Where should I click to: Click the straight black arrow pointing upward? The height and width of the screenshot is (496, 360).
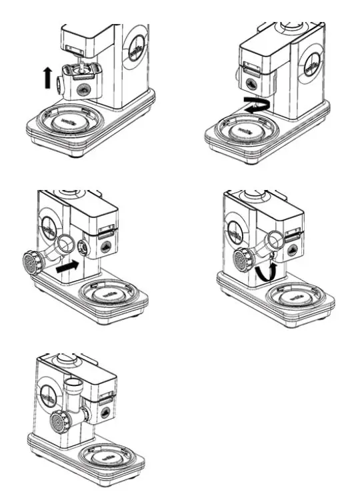pyautogui.click(x=47, y=78)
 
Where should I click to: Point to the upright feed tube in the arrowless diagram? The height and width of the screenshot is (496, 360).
pyautogui.click(x=73, y=393)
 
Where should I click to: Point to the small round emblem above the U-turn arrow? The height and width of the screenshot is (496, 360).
pyautogui.click(x=251, y=83)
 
